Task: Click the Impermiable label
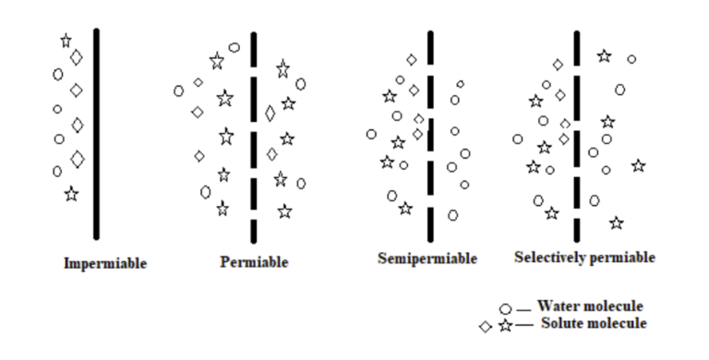tap(104, 263)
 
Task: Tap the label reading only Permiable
tap(254, 262)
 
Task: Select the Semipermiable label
tap(427, 258)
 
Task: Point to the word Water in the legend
tap(559, 306)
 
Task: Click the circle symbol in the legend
tap(505, 308)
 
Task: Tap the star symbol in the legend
tap(504, 326)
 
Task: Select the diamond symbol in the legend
tap(486, 327)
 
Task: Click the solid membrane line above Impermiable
tap(96, 134)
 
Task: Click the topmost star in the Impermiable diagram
tap(66, 41)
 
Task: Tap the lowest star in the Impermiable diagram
tap(71, 194)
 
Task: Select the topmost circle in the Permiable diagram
tap(234, 47)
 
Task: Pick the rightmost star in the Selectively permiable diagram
tap(638, 166)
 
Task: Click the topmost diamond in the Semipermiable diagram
tap(412, 59)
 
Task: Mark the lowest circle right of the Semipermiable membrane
tap(452, 215)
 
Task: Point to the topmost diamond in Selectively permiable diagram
tap(558, 65)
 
